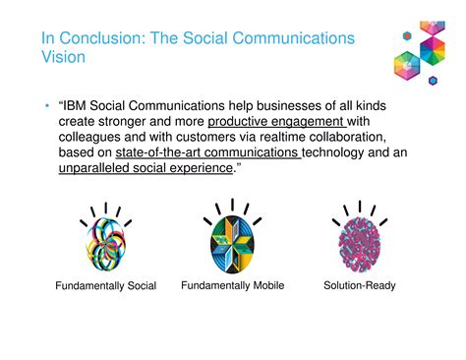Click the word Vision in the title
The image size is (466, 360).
[x=63, y=57]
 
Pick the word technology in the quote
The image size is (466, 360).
[x=340, y=153]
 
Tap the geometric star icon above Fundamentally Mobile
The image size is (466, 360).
[x=232, y=241]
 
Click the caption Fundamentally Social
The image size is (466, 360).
[x=105, y=286]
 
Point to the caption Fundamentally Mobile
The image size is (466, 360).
[x=233, y=285]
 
